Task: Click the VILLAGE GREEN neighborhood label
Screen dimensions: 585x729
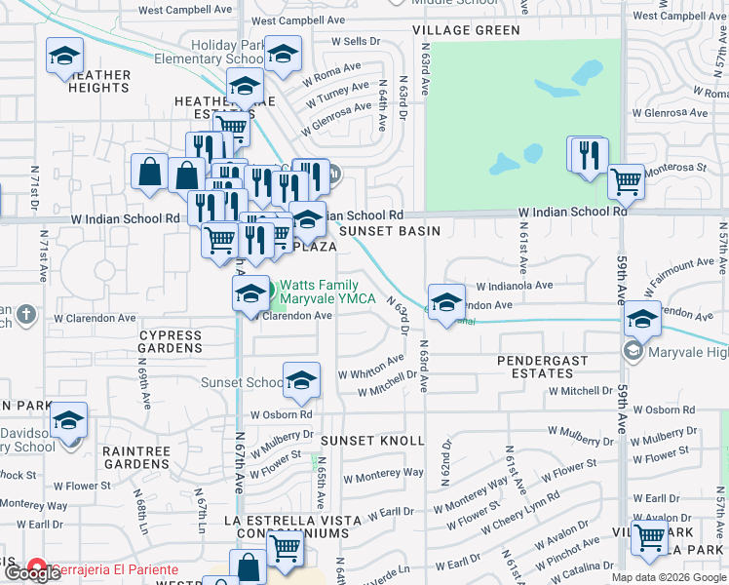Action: (x=466, y=30)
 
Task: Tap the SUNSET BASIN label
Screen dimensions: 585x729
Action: (x=389, y=231)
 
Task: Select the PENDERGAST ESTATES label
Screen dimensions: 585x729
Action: (x=543, y=367)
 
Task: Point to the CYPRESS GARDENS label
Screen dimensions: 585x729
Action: (x=170, y=341)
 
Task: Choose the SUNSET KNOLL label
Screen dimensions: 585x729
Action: (x=373, y=442)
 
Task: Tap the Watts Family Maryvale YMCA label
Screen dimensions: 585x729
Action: (x=328, y=292)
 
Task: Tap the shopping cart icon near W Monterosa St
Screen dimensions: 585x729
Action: (x=625, y=181)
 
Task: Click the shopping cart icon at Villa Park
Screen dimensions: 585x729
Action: (x=649, y=537)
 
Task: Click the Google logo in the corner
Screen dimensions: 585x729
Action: (x=31, y=574)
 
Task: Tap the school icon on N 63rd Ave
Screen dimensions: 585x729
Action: (x=445, y=302)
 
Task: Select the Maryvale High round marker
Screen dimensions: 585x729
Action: (x=633, y=351)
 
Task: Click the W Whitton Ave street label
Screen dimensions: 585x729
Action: (x=370, y=369)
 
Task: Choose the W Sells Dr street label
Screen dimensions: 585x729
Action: (x=355, y=42)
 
